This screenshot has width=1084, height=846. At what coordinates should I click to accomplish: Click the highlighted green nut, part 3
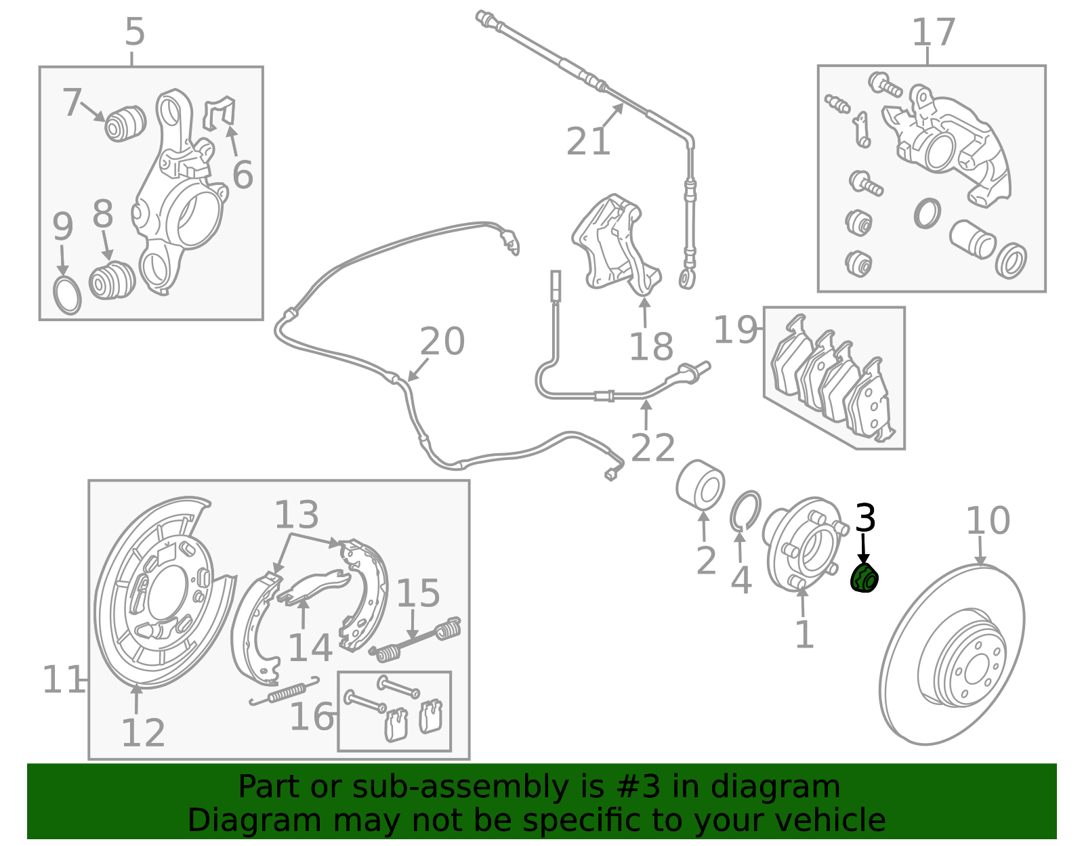pyautogui.click(x=864, y=578)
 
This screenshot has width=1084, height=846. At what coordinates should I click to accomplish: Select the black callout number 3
pyautogui.click(x=865, y=517)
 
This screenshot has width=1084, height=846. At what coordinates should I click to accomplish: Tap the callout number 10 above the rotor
pyautogui.click(x=988, y=520)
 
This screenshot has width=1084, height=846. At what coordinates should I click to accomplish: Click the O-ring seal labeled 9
pyautogui.click(x=67, y=297)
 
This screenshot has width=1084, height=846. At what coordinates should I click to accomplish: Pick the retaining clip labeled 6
pyautogui.click(x=220, y=113)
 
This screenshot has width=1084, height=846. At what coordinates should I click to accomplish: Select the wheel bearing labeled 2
pyautogui.click(x=701, y=485)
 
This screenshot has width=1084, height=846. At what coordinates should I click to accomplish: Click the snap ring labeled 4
pyautogui.click(x=746, y=511)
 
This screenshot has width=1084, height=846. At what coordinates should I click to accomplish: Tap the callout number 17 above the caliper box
pyautogui.click(x=934, y=33)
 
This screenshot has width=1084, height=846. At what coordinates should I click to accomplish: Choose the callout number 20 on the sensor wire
pyautogui.click(x=442, y=341)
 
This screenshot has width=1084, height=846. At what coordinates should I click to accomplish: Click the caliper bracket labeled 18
pyautogui.click(x=617, y=245)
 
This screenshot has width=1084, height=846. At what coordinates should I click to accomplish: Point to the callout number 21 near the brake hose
pyautogui.click(x=588, y=142)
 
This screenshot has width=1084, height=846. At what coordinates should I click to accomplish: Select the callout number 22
pyautogui.click(x=653, y=447)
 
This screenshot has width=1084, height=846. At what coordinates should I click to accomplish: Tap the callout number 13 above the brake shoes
pyautogui.click(x=296, y=515)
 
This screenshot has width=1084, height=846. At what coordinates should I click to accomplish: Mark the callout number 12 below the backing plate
pyautogui.click(x=143, y=732)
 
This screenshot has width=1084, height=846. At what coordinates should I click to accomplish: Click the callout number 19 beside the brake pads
pyautogui.click(x=735, y=329)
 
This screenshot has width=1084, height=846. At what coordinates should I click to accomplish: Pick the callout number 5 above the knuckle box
pyautogui.click(x=135, y=31)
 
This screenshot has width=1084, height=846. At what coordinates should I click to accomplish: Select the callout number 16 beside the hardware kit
pyautogui.click(x=311, y=717)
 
